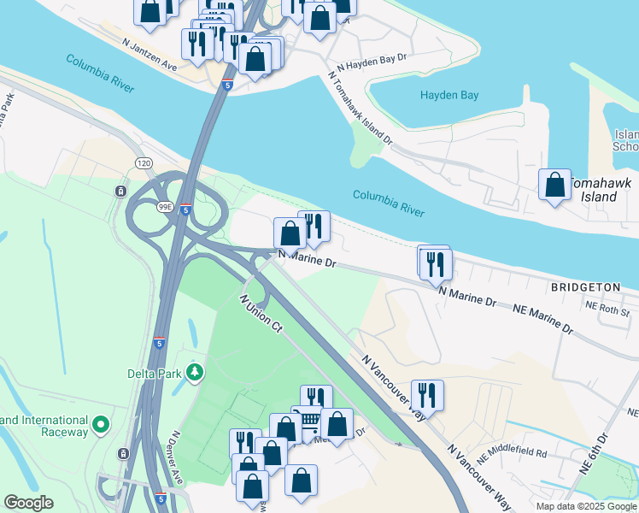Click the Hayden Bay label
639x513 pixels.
coord(449,95)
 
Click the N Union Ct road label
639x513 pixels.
coord(260,314)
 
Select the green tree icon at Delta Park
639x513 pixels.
coord(196,372)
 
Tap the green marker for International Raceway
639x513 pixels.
coord(101,424)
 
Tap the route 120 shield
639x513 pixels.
coord(142,162)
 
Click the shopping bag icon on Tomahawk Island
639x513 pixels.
coord(554,184)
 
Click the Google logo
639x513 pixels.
coord(28,503)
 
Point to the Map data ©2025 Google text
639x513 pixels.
coord(585,506)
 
